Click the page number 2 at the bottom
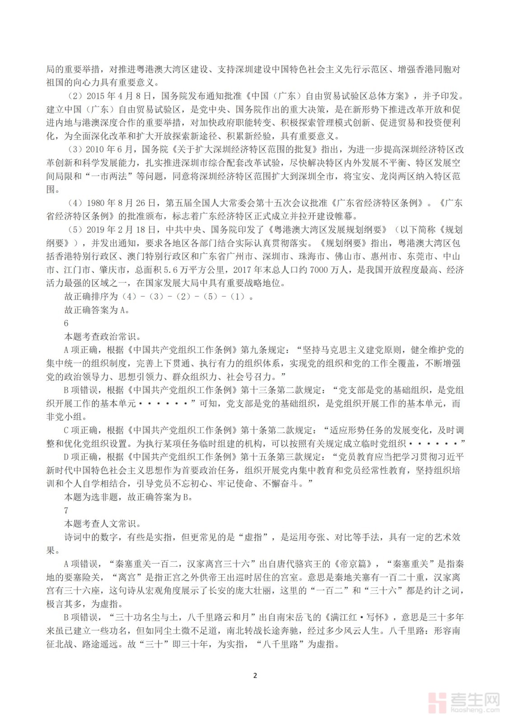[255, 676]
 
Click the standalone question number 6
[66, 323]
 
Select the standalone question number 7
[66, 510]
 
